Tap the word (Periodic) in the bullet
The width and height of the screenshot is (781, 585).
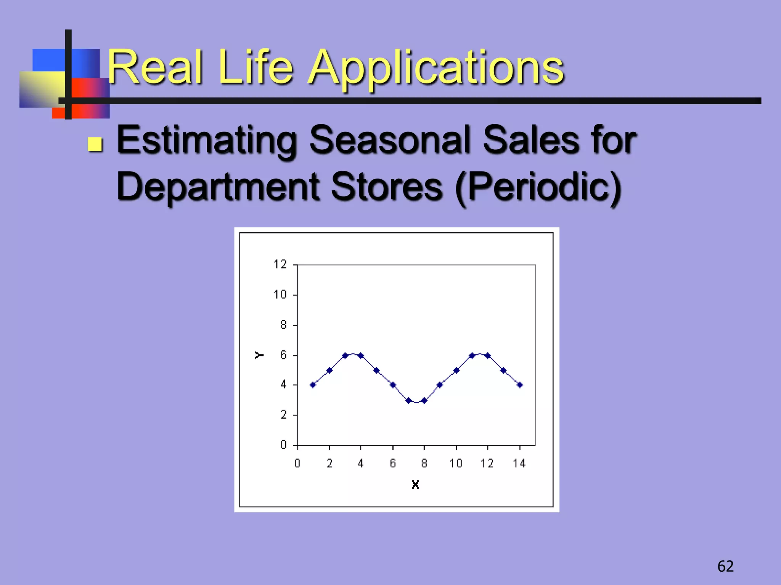coord(538,187)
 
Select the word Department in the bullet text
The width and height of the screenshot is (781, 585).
coord(218,187)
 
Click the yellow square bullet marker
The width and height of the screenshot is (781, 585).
coord(95,144)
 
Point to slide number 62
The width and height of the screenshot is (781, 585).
coord(725,566)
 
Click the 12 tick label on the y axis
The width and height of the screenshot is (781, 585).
coord(280,264)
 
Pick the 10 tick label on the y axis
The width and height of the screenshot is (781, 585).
coord(280,294)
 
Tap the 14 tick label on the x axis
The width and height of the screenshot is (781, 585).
coord(519,464)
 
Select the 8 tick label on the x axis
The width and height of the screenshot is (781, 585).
coord(424,464)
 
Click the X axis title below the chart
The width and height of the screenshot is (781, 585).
coord(415,484)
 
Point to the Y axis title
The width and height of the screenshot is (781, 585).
coord(259,355)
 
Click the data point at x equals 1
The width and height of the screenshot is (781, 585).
coord(313,385)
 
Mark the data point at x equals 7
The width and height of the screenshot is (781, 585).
coord(408,401)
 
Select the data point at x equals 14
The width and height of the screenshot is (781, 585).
coord(520,385)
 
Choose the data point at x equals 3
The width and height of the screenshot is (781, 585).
coord(345,356)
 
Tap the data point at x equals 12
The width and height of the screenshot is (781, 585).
coord(488,356)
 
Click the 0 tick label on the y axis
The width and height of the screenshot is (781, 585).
coord(283,445)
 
